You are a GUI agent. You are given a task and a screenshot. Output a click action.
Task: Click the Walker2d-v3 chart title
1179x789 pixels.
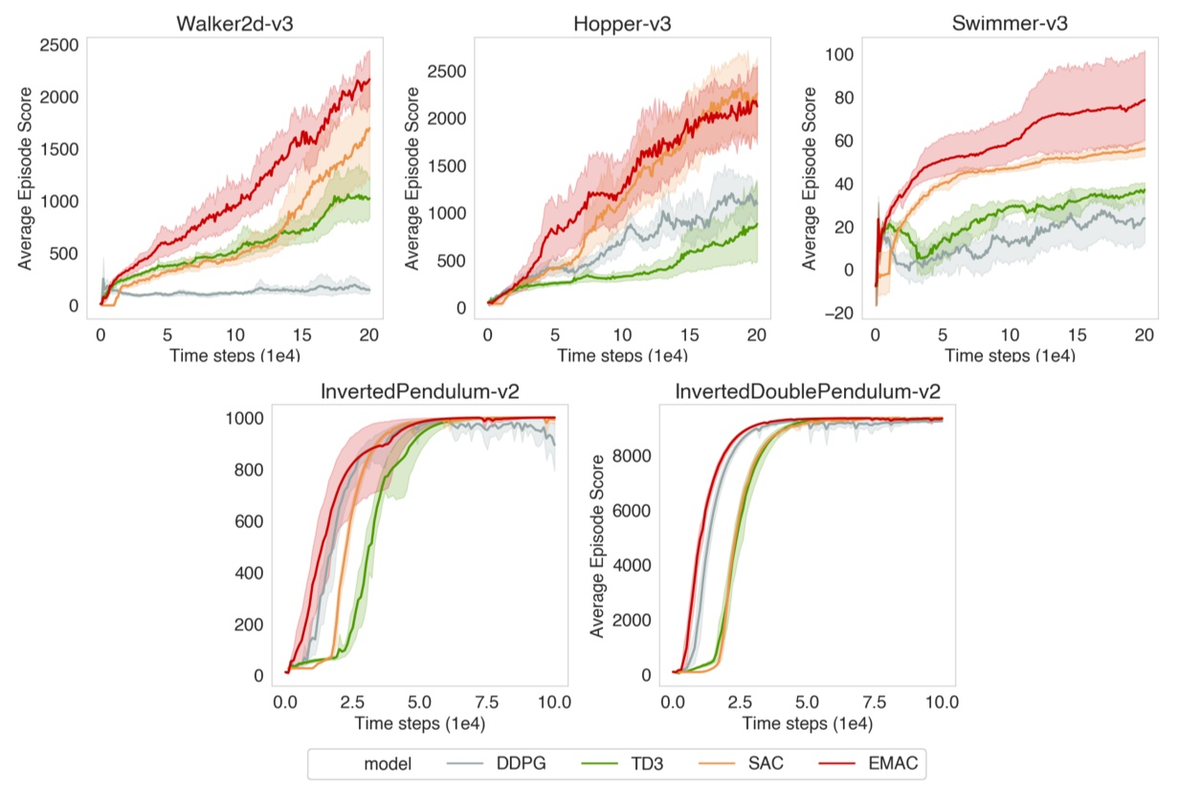click(234, 23)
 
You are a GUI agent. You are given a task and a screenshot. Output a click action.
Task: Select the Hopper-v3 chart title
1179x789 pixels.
click(621, 23)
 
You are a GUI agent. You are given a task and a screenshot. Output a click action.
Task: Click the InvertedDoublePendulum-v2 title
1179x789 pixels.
click(807, 391)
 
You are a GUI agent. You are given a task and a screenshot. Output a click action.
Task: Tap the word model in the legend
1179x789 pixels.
click(388, 763)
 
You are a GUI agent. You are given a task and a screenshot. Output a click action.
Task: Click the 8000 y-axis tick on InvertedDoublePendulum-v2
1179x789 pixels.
click(632, 455)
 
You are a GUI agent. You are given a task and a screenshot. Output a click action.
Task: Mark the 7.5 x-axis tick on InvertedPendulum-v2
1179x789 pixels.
click(486, 702)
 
